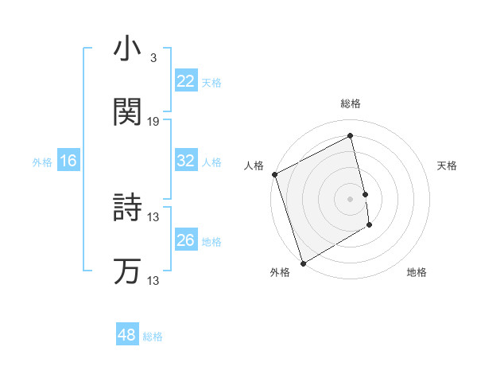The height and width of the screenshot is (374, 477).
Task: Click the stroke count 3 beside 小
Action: pos(153,58)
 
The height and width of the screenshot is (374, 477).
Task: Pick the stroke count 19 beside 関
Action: pos(153,121)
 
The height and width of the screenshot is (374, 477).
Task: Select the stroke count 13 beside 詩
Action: pos(153,216)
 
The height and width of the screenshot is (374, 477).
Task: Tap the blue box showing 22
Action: pos(185,81)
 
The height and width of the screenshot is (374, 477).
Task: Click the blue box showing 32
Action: pos(185,161)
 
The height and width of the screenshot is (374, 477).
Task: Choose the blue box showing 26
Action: pos(185,240)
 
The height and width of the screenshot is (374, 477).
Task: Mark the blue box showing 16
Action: pos(68,161)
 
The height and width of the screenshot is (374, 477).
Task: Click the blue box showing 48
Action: pos(126,335)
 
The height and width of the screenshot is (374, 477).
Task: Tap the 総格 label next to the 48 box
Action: pos(153,337)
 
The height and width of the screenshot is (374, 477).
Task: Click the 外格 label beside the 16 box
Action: pos(42,162)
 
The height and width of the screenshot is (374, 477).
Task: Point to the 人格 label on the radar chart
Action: pos(254,166)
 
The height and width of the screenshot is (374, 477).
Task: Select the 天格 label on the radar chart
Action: pos(447,166)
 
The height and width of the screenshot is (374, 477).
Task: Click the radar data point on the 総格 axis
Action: pos(351,136)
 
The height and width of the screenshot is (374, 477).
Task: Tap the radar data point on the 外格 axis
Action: pos(302,263)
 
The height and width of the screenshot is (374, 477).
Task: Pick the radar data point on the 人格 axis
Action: pos(274,174)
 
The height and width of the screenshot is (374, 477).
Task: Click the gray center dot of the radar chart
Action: pos(351,199)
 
